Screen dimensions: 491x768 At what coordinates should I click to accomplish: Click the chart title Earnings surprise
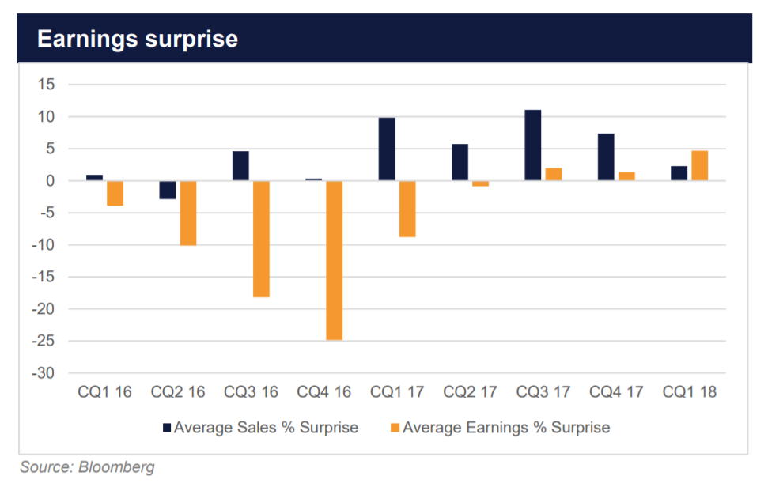pyautogui.click(x=138, y=39)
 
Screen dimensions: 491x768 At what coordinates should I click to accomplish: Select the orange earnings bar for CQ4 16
pyautogui.click(x=335, y=260)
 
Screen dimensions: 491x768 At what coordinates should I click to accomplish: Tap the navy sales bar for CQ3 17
pyautogui.click(x=533, y=145)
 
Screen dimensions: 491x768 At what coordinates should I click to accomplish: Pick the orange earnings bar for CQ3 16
pyautogui.click(x=261, y=239)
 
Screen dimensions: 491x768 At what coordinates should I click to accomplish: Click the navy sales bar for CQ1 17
pyautogui.click(x=387, y=149)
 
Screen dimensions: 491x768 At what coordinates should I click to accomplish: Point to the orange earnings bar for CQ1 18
pyautogui.click(x=700, y=166)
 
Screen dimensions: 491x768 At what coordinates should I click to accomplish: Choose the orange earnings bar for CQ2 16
pyautogui.click(x=187, y=213)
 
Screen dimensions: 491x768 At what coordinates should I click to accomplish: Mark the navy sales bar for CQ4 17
pyautogui.click(x=606, y=157)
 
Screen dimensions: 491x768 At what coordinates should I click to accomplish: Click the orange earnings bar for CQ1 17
pyautogui.click(x=407, y=209)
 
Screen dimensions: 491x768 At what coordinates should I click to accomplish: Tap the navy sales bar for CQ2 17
pyautogui.click(x=460, y=162)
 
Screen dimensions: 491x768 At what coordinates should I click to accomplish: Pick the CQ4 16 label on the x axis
pyautogui.click(x=323, y=392)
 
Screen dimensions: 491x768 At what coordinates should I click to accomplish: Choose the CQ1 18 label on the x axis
pyautogui.click(x=690, y=392)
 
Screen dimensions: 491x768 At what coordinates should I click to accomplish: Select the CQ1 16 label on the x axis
pyautogui.click(x=104, y=392)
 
